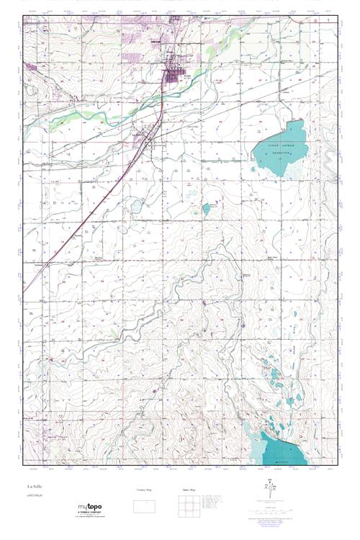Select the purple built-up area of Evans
coord(172,73)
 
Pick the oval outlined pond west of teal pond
coord(136,207)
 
